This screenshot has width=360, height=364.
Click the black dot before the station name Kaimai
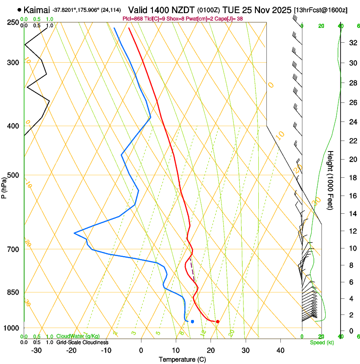(19, 9)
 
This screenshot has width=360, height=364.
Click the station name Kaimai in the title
(37, 9)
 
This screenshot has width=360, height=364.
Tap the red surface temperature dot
(217, 322)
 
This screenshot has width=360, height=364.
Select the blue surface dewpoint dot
(192, 322)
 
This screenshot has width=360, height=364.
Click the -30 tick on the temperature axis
(36, 350)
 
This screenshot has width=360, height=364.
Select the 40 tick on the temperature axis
(280, 350)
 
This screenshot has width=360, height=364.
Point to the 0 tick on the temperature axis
(141, 350)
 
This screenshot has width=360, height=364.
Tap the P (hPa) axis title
(4, 187)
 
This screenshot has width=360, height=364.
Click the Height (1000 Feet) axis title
(330, 180)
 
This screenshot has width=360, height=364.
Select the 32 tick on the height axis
(352, 42)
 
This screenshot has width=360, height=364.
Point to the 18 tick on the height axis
(352, 177)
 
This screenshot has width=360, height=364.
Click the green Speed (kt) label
(321, 342)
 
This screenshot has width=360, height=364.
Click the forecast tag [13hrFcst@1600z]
(320, 10)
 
